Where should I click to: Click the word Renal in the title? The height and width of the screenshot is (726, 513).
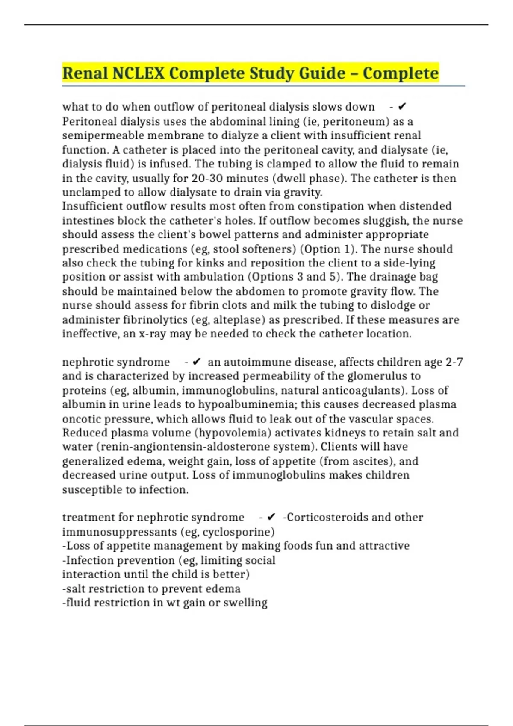[85, 73]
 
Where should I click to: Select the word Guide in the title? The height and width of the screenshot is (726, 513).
[322, 73]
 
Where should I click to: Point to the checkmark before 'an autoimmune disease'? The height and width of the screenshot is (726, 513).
[197, 362]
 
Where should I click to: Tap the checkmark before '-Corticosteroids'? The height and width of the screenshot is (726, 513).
[271, 517]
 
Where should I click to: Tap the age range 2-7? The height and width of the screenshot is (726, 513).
[454, 362]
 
